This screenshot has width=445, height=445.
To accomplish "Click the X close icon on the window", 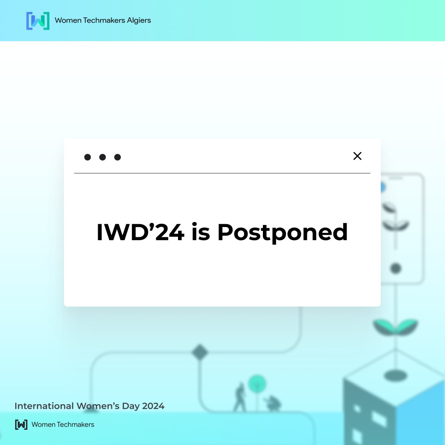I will (x=357, y=156).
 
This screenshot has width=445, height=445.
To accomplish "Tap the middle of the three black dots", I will (x=103, y=157).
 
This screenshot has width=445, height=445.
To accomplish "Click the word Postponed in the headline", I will (x=282, y=233).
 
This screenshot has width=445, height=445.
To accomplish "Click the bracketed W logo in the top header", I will (x=37, y=21).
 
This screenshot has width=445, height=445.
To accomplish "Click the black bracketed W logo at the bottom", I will (x=21, y=424).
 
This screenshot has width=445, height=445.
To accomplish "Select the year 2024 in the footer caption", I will (x=153, y=406).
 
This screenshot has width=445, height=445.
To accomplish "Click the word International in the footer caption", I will (x=44, y=406).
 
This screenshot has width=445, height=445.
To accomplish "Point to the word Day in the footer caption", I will (x=131, y=406).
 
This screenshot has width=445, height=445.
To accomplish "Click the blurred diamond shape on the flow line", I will (x=200, y=352).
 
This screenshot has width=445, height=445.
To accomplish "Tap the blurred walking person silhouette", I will (x=239, y=397).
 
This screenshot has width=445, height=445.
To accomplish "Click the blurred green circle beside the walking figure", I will (x=257, y=384).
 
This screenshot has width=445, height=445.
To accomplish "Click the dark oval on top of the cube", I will (x=396, y=375).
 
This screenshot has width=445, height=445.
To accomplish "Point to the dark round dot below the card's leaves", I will (x=396, y=269).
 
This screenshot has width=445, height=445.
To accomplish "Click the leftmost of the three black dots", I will (x=87, y=157).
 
